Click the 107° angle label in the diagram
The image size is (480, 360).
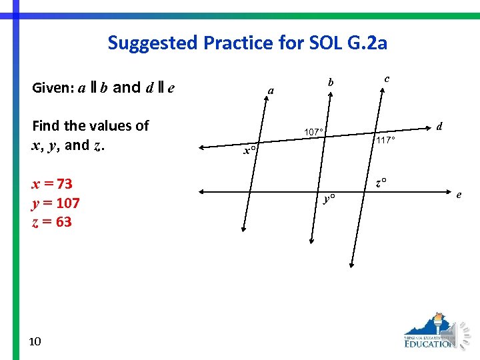(x=313, y=132)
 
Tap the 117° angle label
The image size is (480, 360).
(x=385, y=141)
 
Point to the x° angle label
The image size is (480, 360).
(x=249, y=151)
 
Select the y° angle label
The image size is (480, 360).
(x=329, y=199)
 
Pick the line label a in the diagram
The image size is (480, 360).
(x=270, y=90)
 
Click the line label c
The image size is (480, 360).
(x=387, y=78)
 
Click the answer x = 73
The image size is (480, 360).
(x=53, y=183)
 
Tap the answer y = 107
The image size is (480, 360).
(x=56, y=203)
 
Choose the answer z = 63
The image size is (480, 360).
(x=52, y=221)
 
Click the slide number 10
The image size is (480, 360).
(x=35, y=341)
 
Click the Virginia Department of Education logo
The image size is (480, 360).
(x=430, y=331)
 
